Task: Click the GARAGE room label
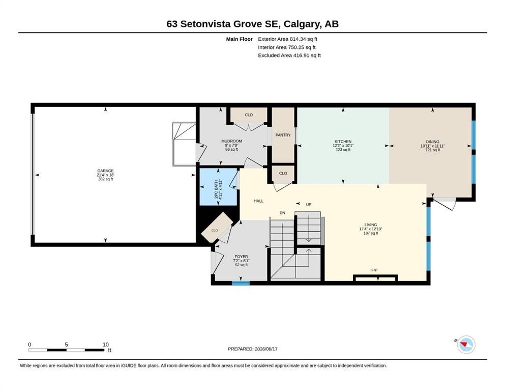tap(106, 171)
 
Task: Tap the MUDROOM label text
tap(231, 141)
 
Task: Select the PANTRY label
tap(283, 135)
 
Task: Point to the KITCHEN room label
tap(343, 142)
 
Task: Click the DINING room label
tap(433, 142)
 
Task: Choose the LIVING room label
tap(371, 225)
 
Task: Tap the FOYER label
tap(241, 257)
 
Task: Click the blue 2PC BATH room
tap(219, 187)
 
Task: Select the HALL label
tap(259, 201)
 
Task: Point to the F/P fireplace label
tap(374, 270)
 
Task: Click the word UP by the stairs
tap(309, 204)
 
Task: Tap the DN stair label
tap(282, 213)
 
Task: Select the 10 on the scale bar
tap(106, 344)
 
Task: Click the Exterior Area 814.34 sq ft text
tap(288, 39)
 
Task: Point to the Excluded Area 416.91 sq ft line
tap(289, 55)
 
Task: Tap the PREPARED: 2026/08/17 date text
tap(252, 349)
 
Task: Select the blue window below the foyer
tap(241, 283)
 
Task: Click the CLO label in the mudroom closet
tap(249, 115)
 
